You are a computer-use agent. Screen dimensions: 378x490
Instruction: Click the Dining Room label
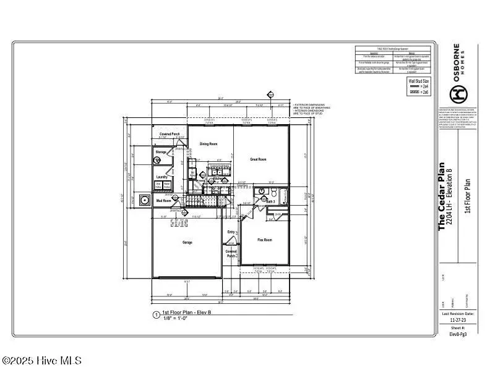(208, 144)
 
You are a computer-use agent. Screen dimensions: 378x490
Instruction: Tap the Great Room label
(257, 159)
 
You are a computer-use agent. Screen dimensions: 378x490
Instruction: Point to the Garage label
(187, 242)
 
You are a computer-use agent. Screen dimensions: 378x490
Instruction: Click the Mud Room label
(163, 201)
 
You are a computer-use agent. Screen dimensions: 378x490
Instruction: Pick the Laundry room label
(162, 177)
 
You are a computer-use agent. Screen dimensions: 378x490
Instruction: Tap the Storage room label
(161, 151)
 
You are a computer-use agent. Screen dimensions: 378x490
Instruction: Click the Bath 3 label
(271, 201)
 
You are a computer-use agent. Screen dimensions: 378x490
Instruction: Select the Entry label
(231, 232)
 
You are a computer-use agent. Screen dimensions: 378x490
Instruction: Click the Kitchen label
(218, 179)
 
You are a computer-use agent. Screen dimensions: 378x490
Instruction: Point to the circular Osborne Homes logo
(458, 94)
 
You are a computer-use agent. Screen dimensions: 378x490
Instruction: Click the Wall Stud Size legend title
(418, 81)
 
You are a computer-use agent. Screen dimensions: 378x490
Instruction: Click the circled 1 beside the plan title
(156, 315)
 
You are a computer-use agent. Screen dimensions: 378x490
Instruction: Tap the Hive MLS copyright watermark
(41, 360)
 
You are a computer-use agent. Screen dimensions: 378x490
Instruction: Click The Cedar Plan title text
(442, 196)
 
